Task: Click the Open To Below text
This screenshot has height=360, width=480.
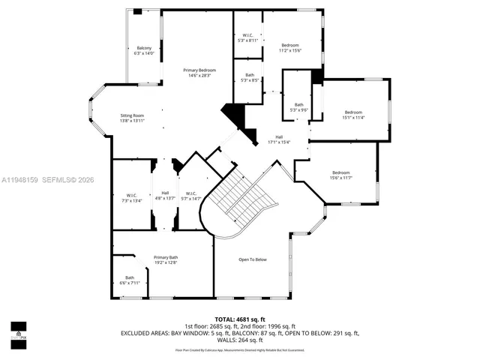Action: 253,259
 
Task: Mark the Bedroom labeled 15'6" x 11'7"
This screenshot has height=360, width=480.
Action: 340,174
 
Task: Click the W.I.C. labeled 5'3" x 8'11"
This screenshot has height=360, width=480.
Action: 247,37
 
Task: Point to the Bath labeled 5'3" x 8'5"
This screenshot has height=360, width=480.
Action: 248,76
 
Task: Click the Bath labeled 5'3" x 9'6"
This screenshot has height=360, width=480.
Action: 298,107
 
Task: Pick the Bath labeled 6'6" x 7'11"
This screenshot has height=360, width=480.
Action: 130,280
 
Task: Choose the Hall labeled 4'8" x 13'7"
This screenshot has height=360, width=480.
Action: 164,196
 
